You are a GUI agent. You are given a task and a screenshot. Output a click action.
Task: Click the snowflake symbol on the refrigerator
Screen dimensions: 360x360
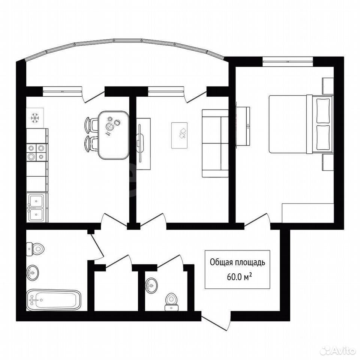click(35, 118)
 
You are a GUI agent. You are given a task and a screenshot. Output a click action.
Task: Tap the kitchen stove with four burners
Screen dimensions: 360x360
click(36, 152)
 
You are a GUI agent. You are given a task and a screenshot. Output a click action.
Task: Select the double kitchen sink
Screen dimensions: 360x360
click(36, 207)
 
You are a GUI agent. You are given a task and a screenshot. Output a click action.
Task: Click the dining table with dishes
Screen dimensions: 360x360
click(113, 135)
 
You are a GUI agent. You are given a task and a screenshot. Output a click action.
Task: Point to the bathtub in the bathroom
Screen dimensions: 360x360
click(54, 300)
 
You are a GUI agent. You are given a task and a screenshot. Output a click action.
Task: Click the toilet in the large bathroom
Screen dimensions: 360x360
click(35, 249)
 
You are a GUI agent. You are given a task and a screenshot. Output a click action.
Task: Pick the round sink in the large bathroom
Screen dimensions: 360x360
click(33, 273)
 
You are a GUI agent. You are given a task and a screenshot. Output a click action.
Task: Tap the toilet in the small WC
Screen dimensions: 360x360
click(171, 302)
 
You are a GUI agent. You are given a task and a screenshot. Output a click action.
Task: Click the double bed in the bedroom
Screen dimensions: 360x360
click(301, 124)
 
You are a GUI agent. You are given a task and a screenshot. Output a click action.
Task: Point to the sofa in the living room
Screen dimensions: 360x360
click(215, 143)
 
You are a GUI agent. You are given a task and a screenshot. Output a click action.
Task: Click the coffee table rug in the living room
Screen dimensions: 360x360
click(180, 135)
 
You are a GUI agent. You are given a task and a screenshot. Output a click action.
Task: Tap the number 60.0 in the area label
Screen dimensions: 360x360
click(234, 277)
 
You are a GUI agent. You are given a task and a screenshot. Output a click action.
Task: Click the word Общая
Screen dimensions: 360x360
click(220, 262)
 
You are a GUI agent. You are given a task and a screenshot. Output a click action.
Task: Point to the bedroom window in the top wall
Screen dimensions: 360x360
click(288, 61)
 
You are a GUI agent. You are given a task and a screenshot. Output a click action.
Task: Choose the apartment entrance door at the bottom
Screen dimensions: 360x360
click(216, 321)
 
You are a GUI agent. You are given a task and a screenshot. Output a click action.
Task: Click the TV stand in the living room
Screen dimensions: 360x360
click(144, 144)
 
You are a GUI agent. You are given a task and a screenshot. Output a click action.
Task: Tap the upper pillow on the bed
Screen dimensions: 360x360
click(323, 110)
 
